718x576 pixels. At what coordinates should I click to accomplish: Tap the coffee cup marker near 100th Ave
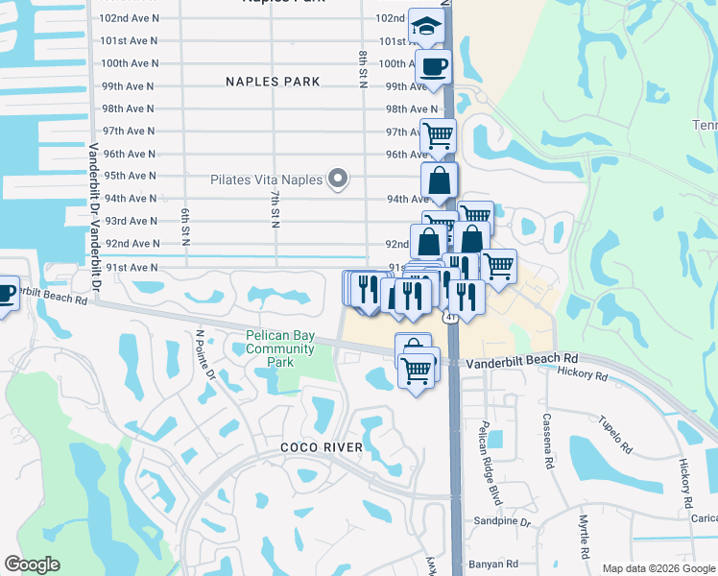(x=433, y=67)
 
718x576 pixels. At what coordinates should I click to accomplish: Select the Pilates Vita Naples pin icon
(x=337, y=179)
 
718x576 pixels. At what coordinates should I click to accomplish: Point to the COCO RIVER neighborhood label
(x=322, y=447)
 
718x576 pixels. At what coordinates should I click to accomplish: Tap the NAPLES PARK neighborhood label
(x=273, y=82)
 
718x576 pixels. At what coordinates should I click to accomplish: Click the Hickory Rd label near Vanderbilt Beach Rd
(x=582, y=375)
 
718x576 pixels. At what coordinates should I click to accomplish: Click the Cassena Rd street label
(x=547, y=441)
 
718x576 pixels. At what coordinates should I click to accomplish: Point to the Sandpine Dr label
(x=502, y=521)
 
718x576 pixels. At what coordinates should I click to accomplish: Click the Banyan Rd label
(x=497, y=564)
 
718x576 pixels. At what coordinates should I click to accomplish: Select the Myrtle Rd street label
(x=584, y=535)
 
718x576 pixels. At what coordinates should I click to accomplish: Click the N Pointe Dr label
(x=204, y=355)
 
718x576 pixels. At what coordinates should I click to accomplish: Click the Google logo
(x=33, y=564)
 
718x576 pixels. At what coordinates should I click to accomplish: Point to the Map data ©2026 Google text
(x=658, y=568)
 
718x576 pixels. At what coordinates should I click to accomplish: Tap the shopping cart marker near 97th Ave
(x=438, y=135)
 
